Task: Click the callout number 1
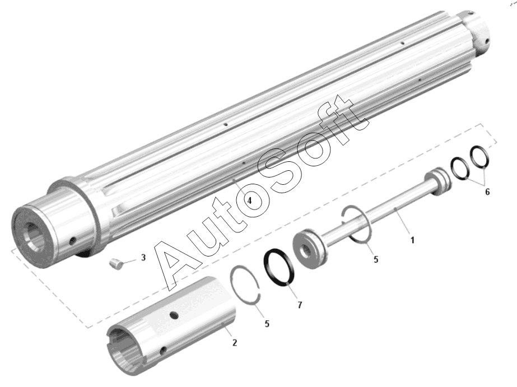tap(412, 240)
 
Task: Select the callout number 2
tap(235, 343)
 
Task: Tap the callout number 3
tap(143, 258)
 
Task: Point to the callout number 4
tap(249, 201)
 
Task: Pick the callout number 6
tap(487, 192)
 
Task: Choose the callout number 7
tap(299, 305)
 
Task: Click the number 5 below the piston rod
tap(376, 259)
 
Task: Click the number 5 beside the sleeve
tap(267, 324)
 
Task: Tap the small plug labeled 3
tap(116, 264)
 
